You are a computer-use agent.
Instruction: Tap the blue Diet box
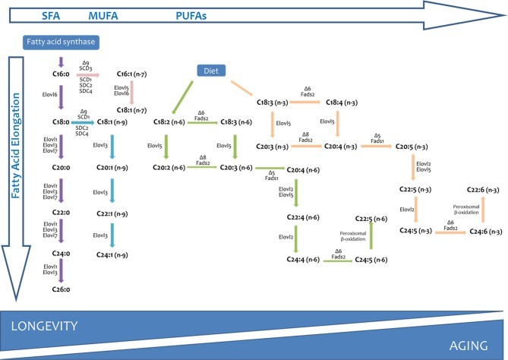(212, 69)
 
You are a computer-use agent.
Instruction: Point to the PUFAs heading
(190, 14)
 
